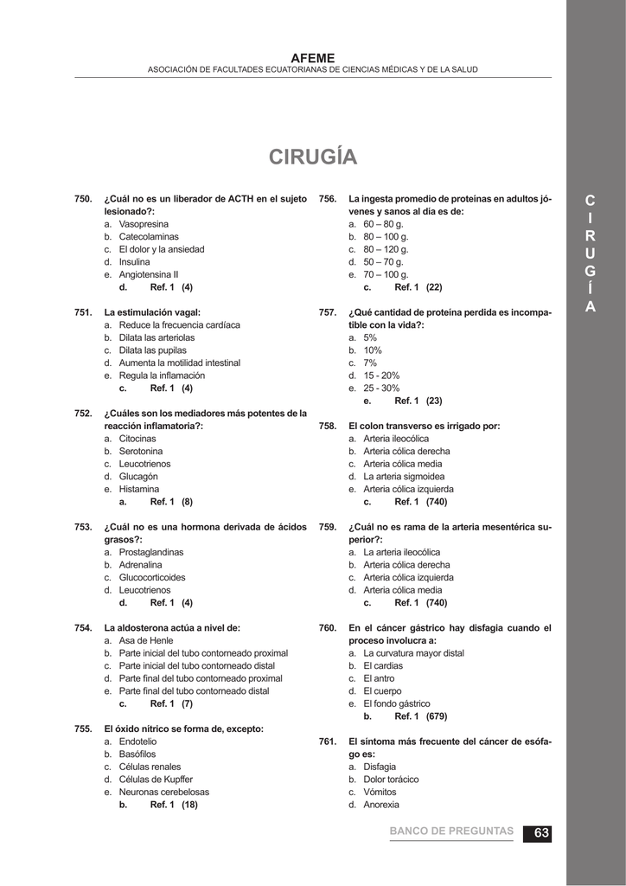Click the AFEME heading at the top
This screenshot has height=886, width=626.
click(312, 57)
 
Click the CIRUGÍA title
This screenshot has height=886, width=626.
click(312, 157)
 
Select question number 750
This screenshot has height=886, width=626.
click(83, 199)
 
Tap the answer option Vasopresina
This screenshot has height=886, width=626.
click(144, 224)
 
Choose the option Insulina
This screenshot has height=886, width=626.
click(134, 261)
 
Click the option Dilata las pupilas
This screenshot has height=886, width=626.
click(154, 350)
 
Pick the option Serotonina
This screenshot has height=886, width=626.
click(140, 452)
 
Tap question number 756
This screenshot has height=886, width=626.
click(328, 199)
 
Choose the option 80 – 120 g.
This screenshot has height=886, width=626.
click(386, 249)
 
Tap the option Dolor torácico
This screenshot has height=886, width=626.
click(391, 780)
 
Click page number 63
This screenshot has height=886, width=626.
click(541, 832)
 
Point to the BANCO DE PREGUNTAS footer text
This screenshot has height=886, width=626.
click(451, 831)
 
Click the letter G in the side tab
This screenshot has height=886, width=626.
click(590, 272)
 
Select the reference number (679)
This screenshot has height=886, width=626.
click(437, 716)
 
